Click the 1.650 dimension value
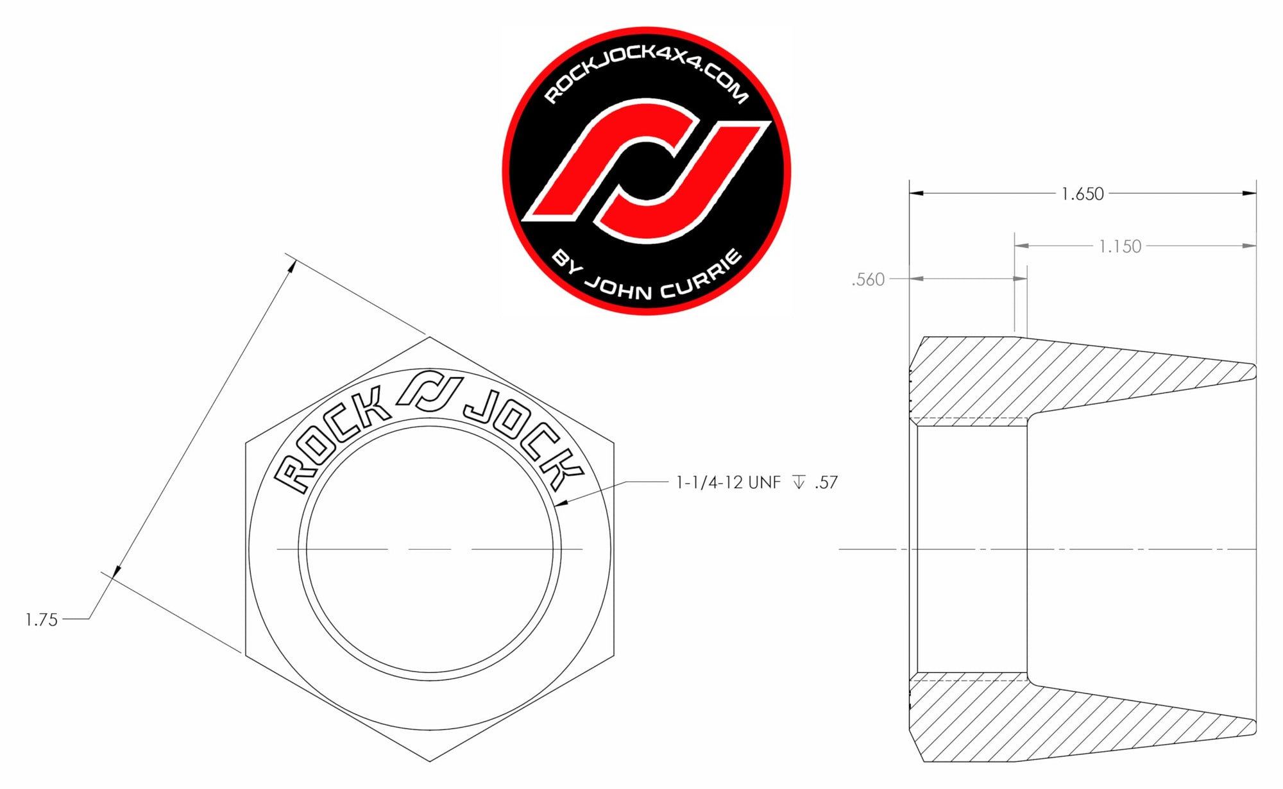(x=1082, y=194)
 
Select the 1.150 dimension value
(x=1120, y=246)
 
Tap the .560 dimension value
(x=868, y=280)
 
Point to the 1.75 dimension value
(x=41, y=620)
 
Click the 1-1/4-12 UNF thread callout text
(x=729, y=482)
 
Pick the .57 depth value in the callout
(x=826, y=482)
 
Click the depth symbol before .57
(x=799, y=482)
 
